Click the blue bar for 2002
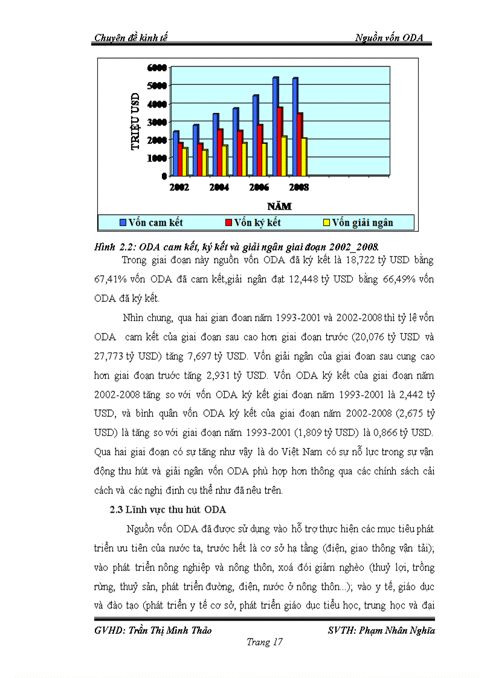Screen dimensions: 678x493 tap(175, 153)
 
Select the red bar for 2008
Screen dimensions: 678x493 tap(300, 144)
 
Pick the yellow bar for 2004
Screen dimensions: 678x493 tap(225, 160)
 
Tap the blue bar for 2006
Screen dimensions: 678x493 tap(255, 135)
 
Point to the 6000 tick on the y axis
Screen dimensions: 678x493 tap(157, 66)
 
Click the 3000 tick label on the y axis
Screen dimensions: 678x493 tap(157, 121)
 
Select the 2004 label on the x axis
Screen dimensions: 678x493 tap(219, 187)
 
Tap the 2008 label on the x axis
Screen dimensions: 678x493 tap(298, 187)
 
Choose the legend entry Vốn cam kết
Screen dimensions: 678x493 tap(155, 222)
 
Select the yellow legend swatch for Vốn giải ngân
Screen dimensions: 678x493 tap(326, 222)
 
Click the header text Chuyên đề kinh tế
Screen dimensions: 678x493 tap(130, 37)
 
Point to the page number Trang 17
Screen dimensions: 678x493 tap(265, 642)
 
